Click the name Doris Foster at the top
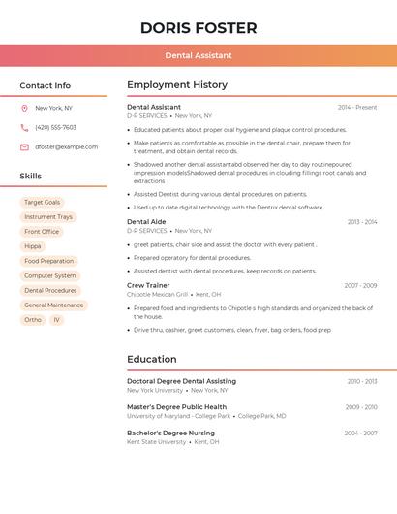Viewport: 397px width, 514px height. [x=198, y=28]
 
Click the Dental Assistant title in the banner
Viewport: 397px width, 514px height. [x=198, y=56]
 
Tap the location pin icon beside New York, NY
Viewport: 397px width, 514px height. [x=24, y=109]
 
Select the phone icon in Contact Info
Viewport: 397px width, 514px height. [x=24, y=128]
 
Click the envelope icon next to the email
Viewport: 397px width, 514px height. [x=24, y=147]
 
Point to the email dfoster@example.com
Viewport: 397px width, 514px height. [x=66, y=147]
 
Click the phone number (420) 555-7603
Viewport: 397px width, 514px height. [x=55, y=128]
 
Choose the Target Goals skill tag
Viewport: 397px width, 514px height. [x=42, y=203]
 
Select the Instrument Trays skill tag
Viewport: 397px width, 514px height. [x=48, y=217]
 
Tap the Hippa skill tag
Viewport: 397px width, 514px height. [x=33, y=246]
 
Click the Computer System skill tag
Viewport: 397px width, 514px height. [x=49, y=275]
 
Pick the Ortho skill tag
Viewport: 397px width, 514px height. [x=33, y=319]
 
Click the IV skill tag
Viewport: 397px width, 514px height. [x=56, y=319]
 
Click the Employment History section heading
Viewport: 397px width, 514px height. [x=177, y=85]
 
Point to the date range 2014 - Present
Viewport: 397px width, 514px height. [x=357, y=107]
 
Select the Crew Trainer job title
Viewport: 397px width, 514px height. [x=148, y=285]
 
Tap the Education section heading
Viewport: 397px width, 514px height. [x=152, y=359]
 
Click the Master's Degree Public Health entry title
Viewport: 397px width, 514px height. [x=176, y=407]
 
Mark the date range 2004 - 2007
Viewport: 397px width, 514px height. [x=360, y=433]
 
